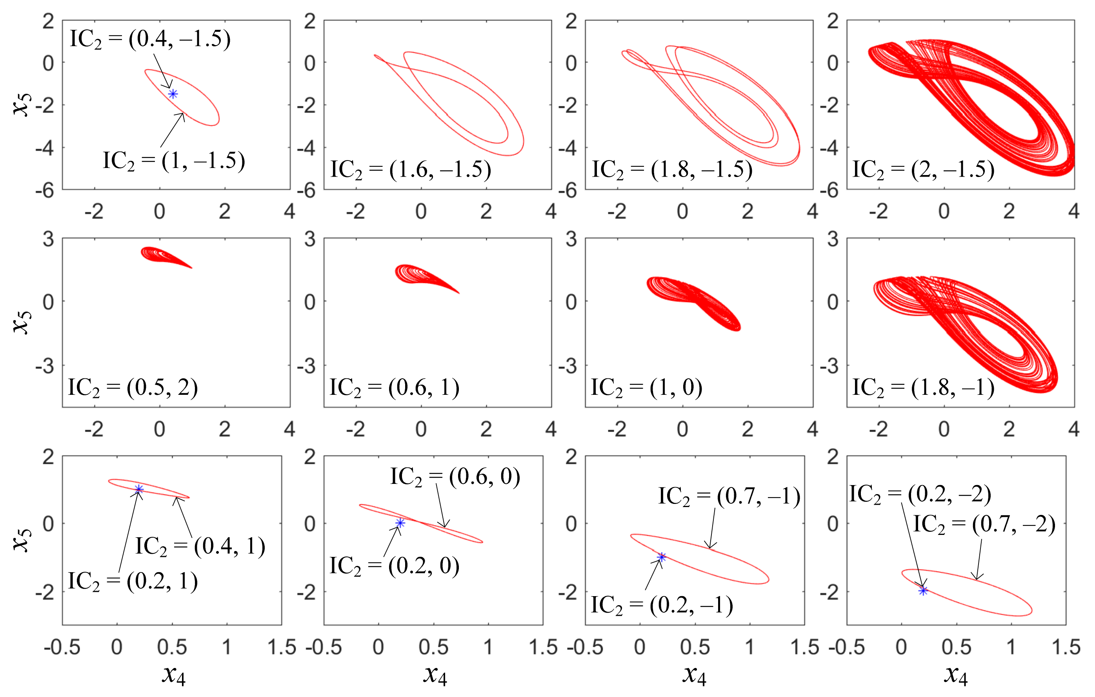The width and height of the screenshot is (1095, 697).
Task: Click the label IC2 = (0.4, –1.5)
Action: click(x=150, y=39)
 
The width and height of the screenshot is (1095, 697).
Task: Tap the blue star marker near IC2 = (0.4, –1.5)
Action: click(x=173, y=94)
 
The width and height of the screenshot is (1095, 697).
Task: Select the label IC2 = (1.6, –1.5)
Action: click(x=411, y=170)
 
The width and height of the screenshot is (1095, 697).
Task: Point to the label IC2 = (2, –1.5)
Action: click(x=923, y=170)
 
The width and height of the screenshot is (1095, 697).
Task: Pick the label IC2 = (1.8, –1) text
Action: click(x=923, y=388)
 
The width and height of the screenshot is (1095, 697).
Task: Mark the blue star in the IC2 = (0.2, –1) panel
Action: click(x=662, y=557)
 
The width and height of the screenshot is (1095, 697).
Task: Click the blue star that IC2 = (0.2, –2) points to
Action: click(x=923, y=591)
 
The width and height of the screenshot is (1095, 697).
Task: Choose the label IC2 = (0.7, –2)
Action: click(x=984, y=524)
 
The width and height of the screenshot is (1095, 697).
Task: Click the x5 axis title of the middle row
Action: click(x=21, y=322)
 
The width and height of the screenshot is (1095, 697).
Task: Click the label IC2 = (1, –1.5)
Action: click(x=174, y=161)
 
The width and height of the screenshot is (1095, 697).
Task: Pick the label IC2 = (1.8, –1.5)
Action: click(x=672, y=170)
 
